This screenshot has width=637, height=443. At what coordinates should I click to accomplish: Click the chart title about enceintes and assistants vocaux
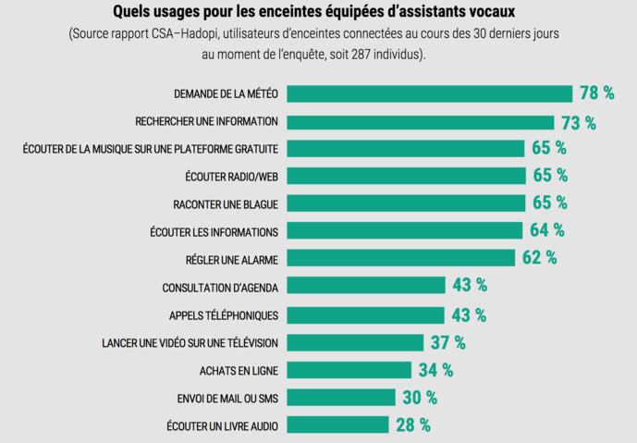point(314,13)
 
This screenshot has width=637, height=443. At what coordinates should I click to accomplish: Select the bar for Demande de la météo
point(429,93)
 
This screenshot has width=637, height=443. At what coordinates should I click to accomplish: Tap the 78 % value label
point(596,93)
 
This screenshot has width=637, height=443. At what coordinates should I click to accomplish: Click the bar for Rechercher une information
point(420,121)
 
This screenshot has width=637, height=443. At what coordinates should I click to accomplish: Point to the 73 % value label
point(578,122)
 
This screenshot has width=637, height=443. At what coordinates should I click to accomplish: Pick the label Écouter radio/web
point(231,176)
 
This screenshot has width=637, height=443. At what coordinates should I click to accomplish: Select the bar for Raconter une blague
point(406,203)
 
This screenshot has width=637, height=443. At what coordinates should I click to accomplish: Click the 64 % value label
point(546,230)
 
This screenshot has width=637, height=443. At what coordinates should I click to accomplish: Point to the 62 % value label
point(539,258)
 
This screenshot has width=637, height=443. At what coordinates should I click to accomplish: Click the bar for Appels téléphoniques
point(365,314)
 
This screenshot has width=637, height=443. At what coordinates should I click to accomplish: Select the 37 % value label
point(447,342)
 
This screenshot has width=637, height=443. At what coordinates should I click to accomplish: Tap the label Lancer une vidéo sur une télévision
point(190,342)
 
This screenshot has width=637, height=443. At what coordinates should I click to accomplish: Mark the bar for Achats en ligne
point(349,370)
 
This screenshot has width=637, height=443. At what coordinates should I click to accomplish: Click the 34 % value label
point(435,370)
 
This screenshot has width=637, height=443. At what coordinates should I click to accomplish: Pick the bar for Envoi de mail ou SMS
point(340,398)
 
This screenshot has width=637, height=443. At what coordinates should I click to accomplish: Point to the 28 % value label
point(412,425)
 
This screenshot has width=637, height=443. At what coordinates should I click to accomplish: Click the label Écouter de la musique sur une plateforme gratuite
point(151,148)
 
